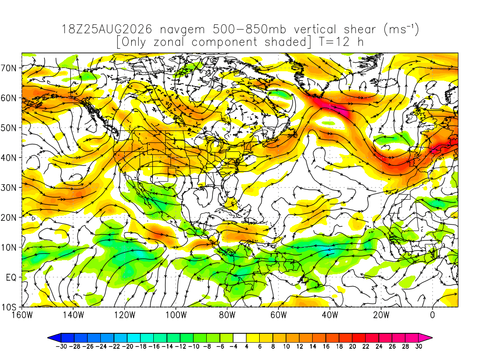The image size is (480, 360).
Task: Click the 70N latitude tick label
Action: pos(8,68)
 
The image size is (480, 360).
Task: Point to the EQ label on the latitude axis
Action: pos(11,277)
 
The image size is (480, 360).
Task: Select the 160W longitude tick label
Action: pos(22,315)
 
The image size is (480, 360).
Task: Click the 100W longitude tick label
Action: pos(176,315)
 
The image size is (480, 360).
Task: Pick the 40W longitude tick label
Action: pos(330,315)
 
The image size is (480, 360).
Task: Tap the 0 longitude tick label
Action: pos(432,315)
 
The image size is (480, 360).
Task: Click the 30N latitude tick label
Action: pos(8,187)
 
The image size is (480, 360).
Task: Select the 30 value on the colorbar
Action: pos(419,346)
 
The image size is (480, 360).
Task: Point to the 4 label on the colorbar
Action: pos(247,346)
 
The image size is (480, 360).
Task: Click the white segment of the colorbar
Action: pos(240,338)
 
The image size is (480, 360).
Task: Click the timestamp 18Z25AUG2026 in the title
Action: pos(107,30)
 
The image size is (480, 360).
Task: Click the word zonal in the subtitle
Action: pos(169,42)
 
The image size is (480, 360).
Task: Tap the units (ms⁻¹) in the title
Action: pos(401,30)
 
